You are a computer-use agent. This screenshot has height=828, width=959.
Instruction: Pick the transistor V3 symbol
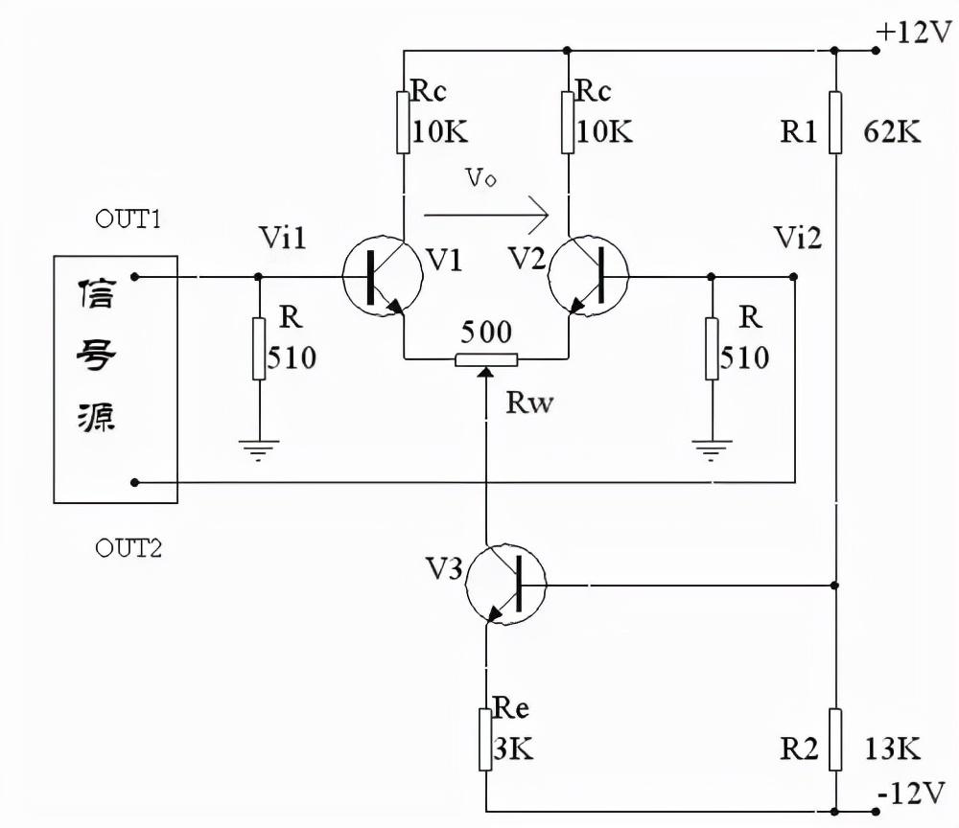(x=504, y=584)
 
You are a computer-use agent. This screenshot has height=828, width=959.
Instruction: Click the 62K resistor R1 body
(x=835, y=122)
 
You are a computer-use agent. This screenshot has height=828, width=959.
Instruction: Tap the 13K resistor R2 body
(x=835, y=739)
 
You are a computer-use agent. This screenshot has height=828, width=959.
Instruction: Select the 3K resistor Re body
(x=486, y=739)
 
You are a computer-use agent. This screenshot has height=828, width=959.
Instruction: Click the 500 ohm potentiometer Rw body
(x=486, y=359)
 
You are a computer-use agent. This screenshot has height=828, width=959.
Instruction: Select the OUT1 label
(x=128, y=218)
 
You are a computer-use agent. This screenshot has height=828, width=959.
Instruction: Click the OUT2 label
(x=129, y=548)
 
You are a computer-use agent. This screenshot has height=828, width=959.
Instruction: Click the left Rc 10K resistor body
(x=404, y=122)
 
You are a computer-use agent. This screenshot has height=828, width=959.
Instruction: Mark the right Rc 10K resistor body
(x=569, y=122)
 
